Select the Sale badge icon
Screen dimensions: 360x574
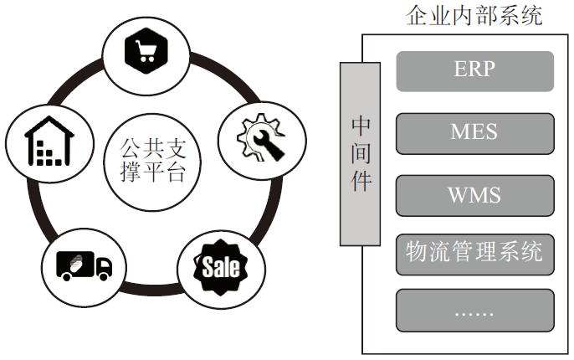(220, 267)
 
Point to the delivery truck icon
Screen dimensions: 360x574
(83, 265)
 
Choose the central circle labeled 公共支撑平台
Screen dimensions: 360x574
(148, 162)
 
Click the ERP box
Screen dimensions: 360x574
(474, 70)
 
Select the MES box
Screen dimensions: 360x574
(474, 133)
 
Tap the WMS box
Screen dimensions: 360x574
(474, 195)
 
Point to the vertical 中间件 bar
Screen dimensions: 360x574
(360, 153)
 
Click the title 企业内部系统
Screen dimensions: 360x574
(474, 14)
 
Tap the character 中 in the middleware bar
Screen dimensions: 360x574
(361, 126)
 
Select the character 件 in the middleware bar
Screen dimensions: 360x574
(361, 182)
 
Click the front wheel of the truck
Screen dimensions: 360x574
(104, 275)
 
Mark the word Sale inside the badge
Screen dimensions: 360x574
(220, 268)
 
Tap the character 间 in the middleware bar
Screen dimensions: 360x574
(361, 153)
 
